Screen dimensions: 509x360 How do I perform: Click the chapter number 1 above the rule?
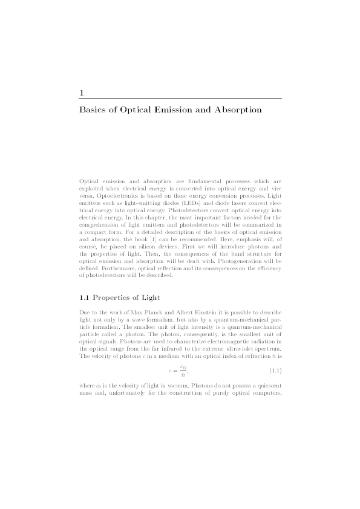(82, 92)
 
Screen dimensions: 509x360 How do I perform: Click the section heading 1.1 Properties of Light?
(119, 298)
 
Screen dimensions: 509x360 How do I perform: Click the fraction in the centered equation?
(182, 370)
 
